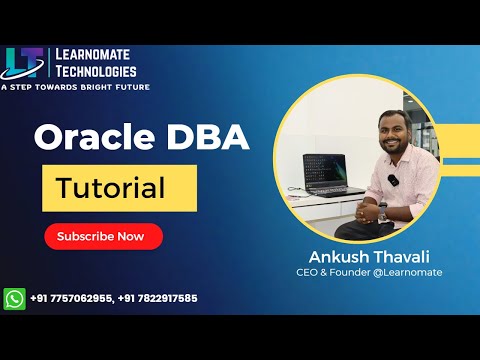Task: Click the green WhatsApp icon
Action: [x=14, y=298]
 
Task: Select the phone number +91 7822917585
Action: [x=159, y=298]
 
